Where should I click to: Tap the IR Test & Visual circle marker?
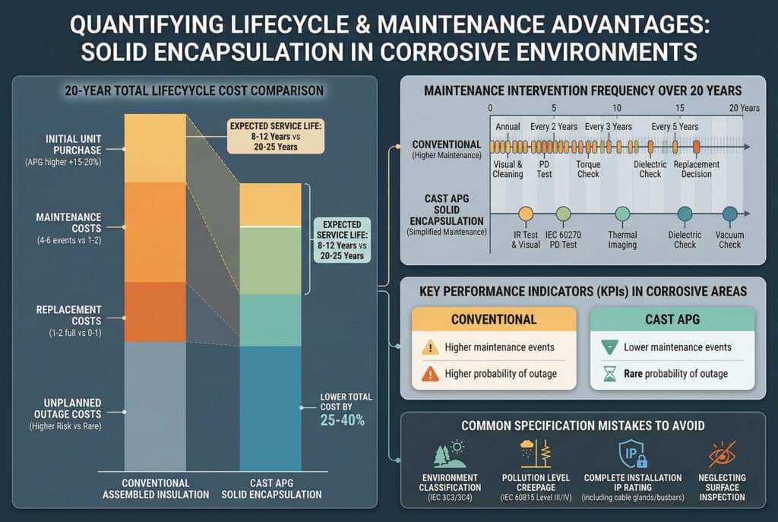coord(526,214)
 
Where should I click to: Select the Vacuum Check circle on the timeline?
coord(730,214)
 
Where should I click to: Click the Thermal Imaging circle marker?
coord(622,214)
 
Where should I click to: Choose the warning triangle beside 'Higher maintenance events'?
coord(430,348)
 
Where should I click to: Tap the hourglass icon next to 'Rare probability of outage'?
coord(608,373)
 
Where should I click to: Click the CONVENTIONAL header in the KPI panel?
coord(494,319)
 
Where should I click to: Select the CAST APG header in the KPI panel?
coord(672,319)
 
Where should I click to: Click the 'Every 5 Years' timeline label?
coord(675,126)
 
